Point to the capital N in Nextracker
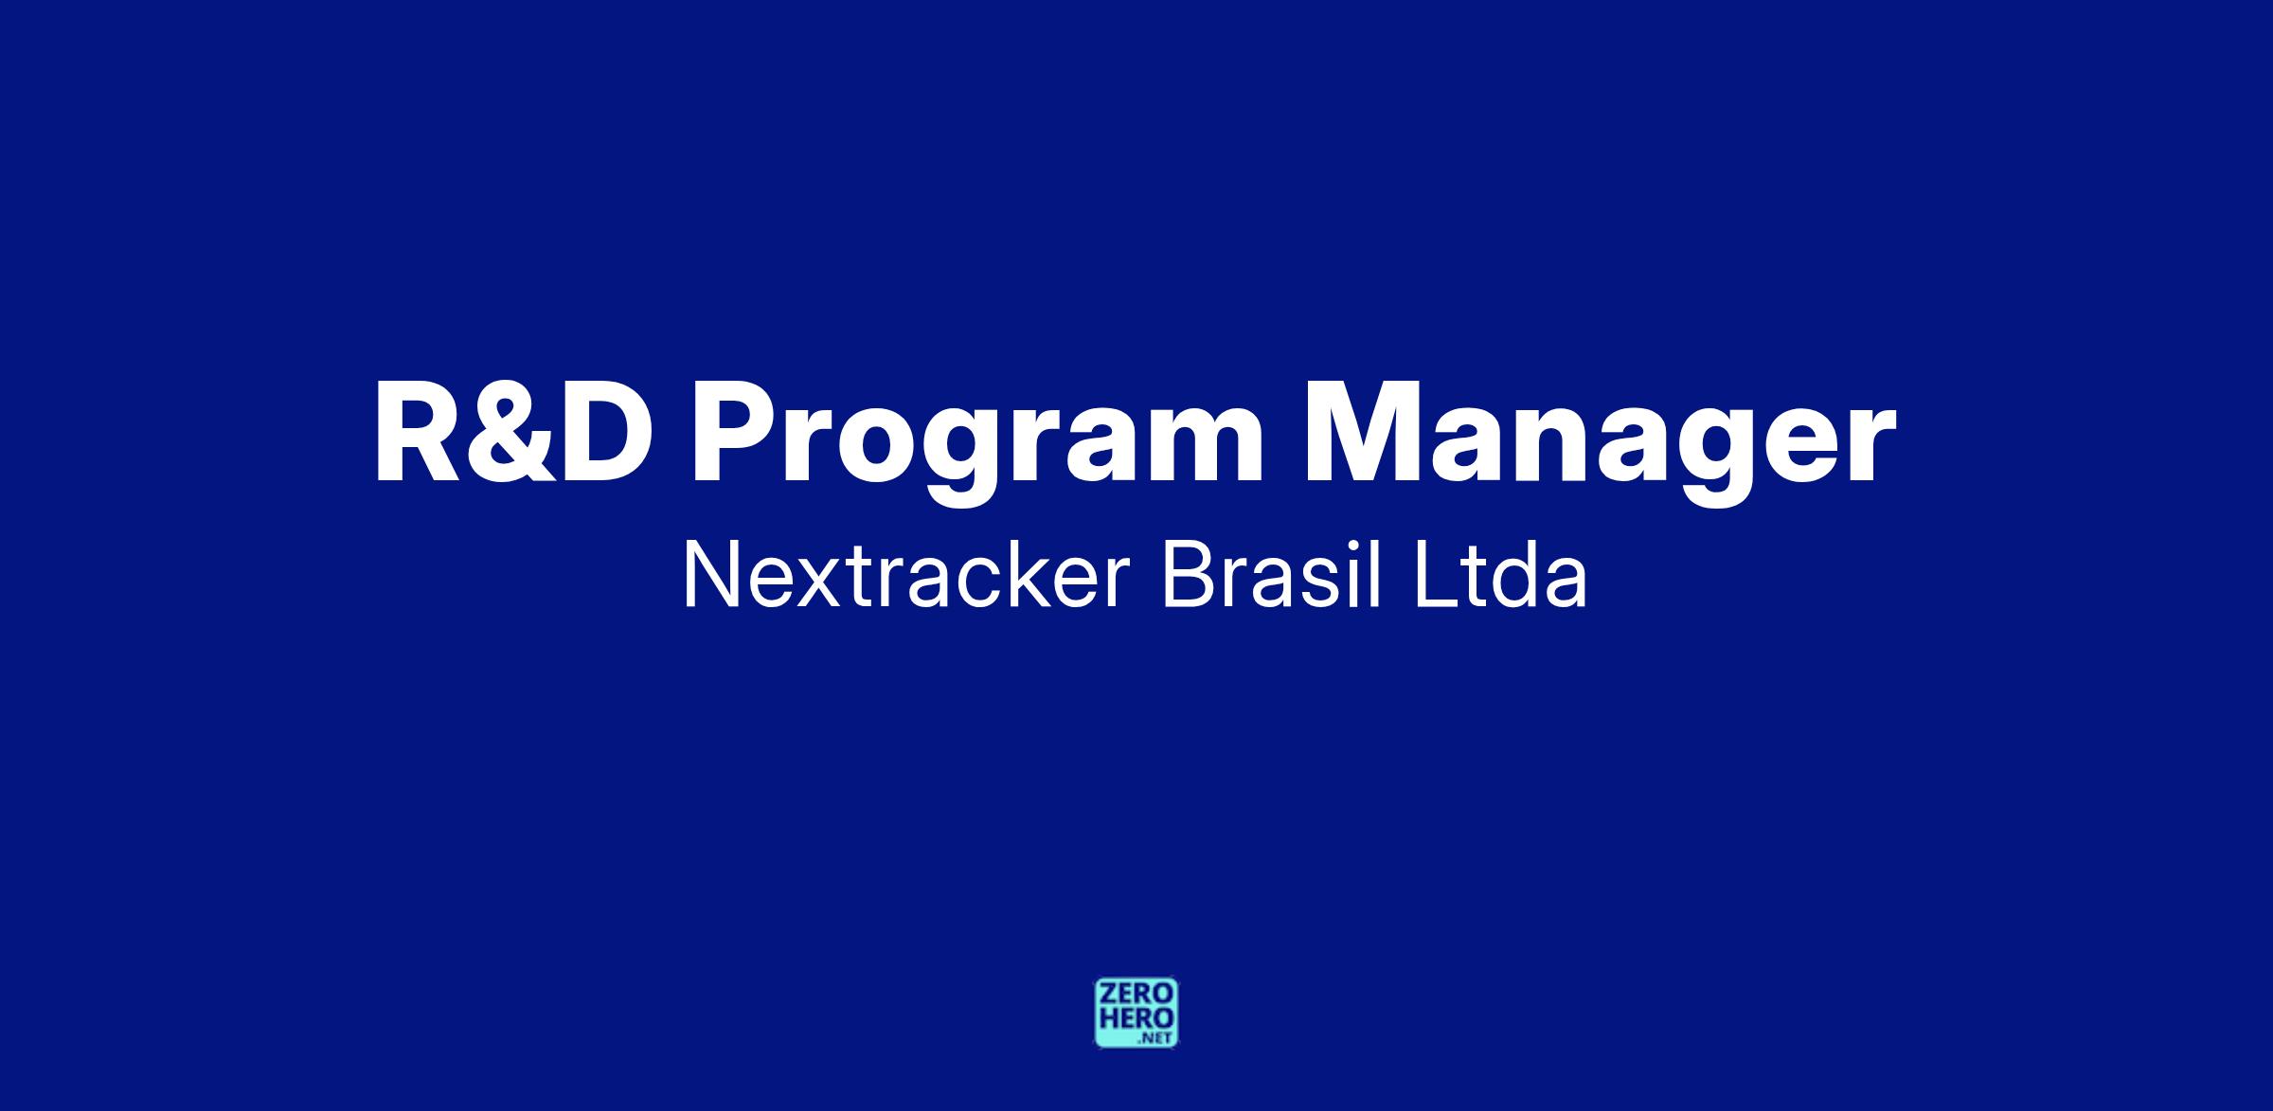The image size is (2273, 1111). click(x=708, y=576)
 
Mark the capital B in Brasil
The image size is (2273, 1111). click(x=1186, y=576)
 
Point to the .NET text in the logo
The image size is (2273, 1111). click(x=1156, y=1038)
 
